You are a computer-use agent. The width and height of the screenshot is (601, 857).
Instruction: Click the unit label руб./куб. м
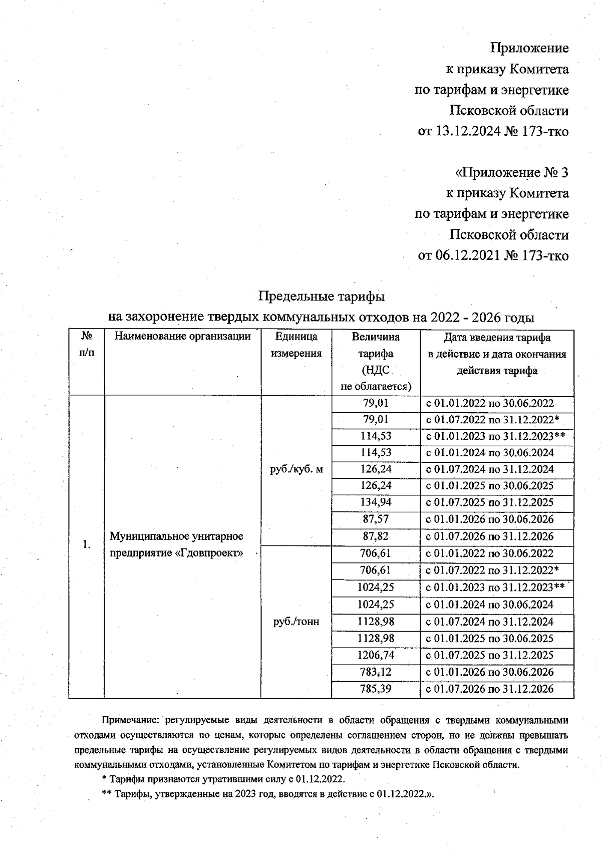(296, 469)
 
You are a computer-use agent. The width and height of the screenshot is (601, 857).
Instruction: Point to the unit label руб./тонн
(296, 622)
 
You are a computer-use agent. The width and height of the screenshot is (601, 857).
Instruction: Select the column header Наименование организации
(182, 337)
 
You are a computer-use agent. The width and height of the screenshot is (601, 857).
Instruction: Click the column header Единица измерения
(296, 345)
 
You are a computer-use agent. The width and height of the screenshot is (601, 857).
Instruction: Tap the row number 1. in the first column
(86, 545)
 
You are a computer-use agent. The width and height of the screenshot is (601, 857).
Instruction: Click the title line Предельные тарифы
(321, 297)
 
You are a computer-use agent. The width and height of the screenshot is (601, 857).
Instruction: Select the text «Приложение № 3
(511, 173)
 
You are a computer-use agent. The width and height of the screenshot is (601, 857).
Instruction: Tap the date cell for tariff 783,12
(489, 672)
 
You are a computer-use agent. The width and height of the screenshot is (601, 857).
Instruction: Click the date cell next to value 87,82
(489, 536)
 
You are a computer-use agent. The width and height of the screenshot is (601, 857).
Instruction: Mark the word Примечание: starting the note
(130, 720)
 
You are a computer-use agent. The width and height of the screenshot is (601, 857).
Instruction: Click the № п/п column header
(86, 345)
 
